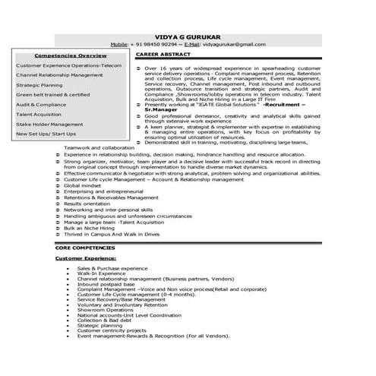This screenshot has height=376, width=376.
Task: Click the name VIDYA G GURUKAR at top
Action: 188,36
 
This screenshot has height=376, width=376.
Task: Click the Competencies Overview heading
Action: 71,56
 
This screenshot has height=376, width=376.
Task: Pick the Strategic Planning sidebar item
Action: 39,85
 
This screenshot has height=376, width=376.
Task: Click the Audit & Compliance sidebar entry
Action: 42,105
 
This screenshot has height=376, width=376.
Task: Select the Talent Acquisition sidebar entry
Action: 39,114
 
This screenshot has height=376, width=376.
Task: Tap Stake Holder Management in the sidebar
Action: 49,124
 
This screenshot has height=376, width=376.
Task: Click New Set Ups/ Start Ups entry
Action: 46,134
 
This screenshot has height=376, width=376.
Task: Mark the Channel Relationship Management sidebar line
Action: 58,75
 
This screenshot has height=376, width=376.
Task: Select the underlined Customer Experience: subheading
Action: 84,259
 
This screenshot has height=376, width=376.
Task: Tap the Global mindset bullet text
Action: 82,185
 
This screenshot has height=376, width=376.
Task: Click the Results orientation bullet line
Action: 87,204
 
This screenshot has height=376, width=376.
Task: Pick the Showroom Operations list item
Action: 106,309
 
